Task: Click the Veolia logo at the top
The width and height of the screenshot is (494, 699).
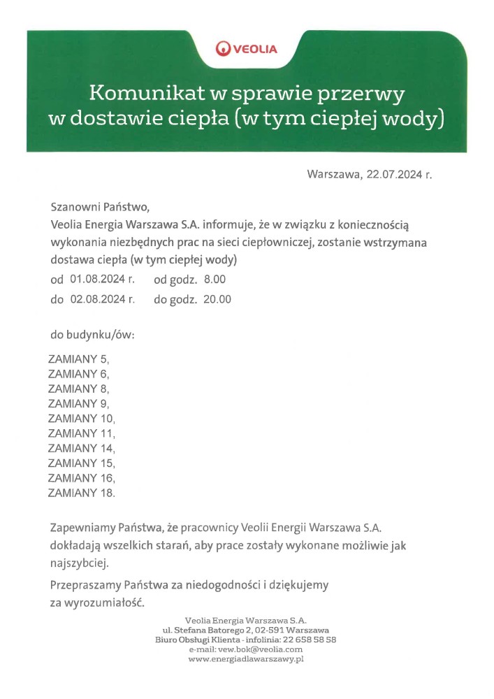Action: point(247,48)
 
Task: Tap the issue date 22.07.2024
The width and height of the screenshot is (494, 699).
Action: point(394,174)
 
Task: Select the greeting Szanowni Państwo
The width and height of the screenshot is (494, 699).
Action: point(100,208)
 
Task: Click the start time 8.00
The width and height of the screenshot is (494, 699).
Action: point(215,280)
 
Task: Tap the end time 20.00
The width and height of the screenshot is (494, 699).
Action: point(217,300)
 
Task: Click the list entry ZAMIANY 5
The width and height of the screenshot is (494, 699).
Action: point(78,359)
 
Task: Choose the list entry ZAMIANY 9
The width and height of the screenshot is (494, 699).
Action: point(78,403)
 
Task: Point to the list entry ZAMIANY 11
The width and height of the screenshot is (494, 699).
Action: point(81,433)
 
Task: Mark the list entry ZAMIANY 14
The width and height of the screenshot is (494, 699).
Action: point(81,448)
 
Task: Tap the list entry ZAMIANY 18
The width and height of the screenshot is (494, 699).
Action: point(81,493)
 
